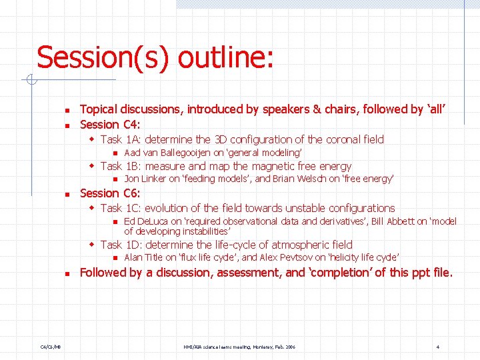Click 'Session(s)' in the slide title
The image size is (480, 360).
(x=106, y=58)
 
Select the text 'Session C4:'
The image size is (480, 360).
(x=109, y=125)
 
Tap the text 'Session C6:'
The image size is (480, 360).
(x=109, y=193)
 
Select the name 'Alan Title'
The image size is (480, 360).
(x=143, y=257)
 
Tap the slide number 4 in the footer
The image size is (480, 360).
(x=437, y=347)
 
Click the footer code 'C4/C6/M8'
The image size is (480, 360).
(x=50, y=347)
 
